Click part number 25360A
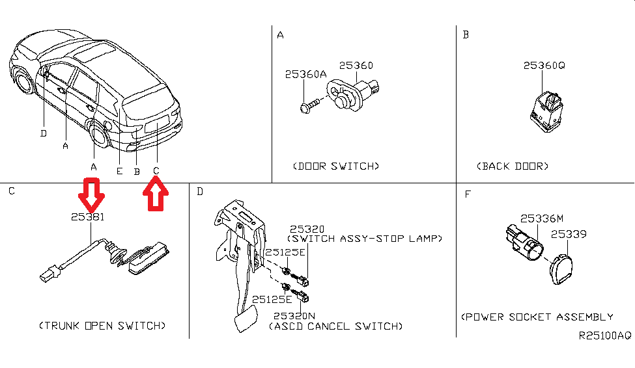[x=305, y=75]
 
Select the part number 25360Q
[x=544, y=66]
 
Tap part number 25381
[x=88, y=217]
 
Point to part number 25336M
[x=541, y=218]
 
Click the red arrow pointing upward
[x=156, y=194]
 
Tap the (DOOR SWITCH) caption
[x=335, y=166]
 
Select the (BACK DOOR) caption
[x=513, y=166]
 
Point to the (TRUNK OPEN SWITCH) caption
[x=102, y=325]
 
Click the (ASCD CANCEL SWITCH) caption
[x=335, y=326]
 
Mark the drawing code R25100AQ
[x=605, y=337]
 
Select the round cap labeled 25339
[x=560, y=270]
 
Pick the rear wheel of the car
[x=100, y=139]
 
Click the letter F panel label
[x=467, y=194]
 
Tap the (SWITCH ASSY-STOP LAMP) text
[x=365, y=239]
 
